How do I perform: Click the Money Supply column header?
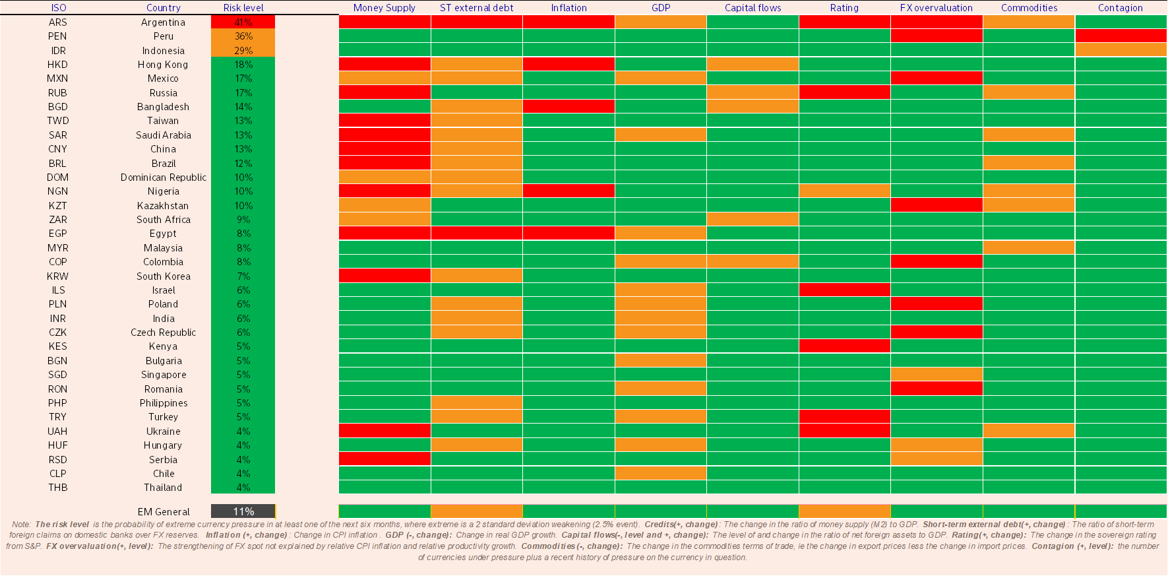click(x=384, y=8)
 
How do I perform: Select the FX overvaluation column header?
click(x=936, y=8)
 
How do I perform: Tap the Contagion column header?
click(x=1120, y=8)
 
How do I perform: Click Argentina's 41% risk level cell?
click(x=243, y=22)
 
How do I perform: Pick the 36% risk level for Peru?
click(x=243, y=36)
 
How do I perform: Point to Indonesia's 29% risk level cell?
click(x=243, y=51)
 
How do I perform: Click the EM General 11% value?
click(x=243, y=511)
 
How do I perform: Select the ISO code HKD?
click(x=57, y=65)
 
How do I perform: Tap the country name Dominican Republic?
click(x=163, y=177)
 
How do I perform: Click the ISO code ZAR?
click(x=57, y=220)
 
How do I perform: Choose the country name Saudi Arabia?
click(x=163, y=135)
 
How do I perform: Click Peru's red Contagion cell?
click(x=1121, y=36)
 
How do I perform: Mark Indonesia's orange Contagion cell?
click(x=1121, y=50)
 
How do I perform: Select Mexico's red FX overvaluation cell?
click(x=937, y=78)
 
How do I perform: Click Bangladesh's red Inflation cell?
click(x=569, y=106)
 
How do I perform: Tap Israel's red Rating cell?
click(x=844, y=290)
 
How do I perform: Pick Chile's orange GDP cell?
click(x=660, y=473)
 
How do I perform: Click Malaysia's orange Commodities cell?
click(x=1028, y=247)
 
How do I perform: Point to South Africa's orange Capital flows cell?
click(x=753, y=219)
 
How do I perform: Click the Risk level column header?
click(x=243, y=8)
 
